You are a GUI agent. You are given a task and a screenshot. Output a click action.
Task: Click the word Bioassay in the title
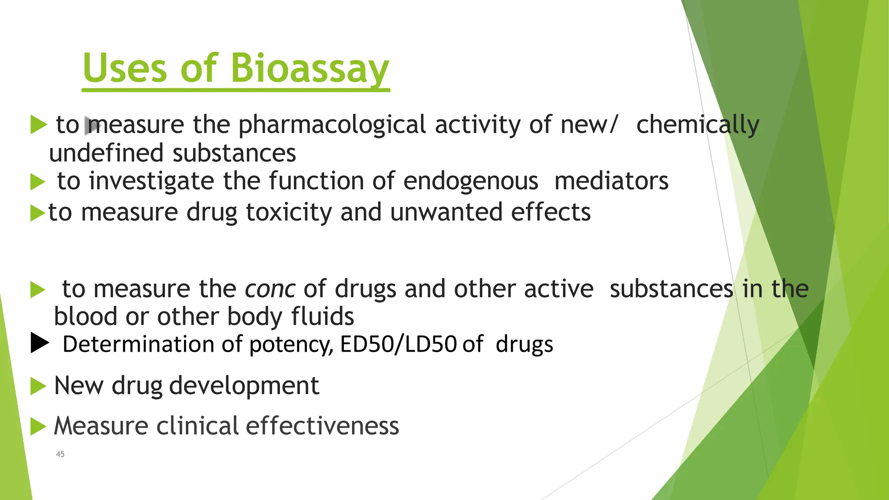click(310, 69)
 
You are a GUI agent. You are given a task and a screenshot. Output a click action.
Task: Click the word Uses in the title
click(125, 69)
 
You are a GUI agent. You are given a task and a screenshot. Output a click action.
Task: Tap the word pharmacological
click(332, 125)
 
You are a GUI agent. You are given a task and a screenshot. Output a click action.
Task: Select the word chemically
click(698, 125)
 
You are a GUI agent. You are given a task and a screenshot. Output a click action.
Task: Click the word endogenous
click(471, 181)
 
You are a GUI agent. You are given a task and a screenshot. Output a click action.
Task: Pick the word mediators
click(611, 181)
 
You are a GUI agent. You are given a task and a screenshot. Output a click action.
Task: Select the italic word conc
click(270, 289)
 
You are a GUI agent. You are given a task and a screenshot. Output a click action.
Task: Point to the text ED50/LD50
click(398, 344)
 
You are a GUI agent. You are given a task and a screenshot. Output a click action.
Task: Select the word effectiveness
click(322, 426)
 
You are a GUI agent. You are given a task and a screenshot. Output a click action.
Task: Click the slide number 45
click(60, 454)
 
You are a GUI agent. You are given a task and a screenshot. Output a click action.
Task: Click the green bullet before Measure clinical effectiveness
click(38, 427)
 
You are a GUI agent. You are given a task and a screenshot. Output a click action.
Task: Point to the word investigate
click(151, 181)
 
